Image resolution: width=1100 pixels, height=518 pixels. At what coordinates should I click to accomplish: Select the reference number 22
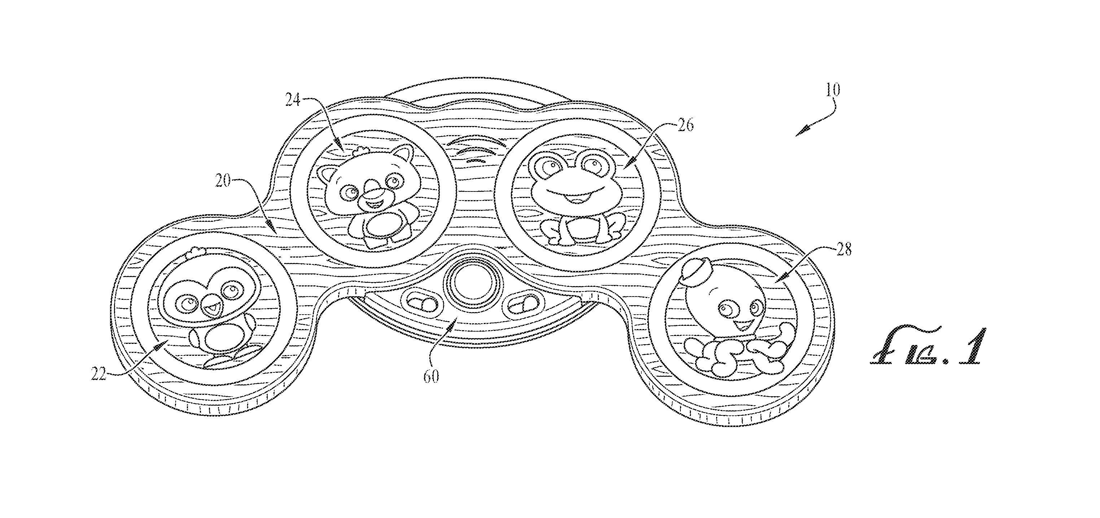98,374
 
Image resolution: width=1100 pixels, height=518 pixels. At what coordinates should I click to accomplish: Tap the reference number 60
431,376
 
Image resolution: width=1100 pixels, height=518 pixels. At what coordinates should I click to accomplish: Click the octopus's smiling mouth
740,326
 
